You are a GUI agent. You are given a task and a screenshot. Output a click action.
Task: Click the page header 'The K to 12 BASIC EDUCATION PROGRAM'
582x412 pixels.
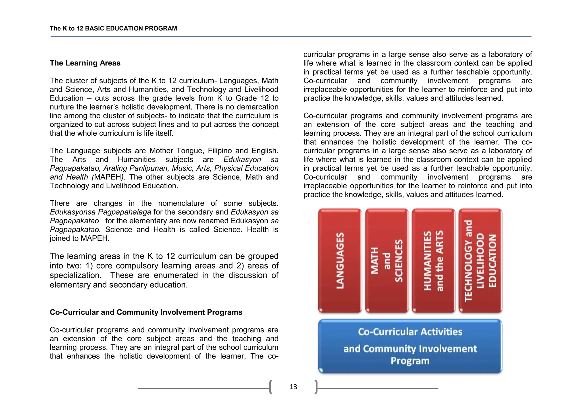pyautogui.click(x=113, y=28)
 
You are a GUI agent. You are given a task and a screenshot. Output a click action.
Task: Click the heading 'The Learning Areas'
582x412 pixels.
pyautogui.click(x=85, y=63)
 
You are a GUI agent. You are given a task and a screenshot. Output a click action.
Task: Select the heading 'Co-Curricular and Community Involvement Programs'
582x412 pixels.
pyautogui.click(x=146, y=312)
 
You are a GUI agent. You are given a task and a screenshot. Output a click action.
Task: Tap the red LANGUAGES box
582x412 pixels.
pyautogui.click(x=340, y=261)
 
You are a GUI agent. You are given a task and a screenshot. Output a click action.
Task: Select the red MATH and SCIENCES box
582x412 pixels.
pyautogui.click(x=387, y=261)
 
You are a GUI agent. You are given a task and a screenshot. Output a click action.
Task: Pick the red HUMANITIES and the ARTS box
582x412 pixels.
pyautogui.click(x=433, y=261)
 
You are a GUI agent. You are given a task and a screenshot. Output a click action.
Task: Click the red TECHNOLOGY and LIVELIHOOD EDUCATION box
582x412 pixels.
pyautogui.click(x=480, y=261)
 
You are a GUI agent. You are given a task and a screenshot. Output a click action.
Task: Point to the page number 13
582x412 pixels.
pyautogui.click(x=293, y=387)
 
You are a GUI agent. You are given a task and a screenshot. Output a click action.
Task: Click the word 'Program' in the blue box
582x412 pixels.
pyautogui.click(x=410, y=361)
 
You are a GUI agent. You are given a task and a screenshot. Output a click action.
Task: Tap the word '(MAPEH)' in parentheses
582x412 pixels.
pyautogui.click(x=108, y=177)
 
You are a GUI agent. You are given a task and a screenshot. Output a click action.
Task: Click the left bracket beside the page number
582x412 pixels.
pyautogui.click(x=271, y=387)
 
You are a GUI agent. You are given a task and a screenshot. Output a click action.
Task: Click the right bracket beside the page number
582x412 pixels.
pyautogui.click(x=316, y=387)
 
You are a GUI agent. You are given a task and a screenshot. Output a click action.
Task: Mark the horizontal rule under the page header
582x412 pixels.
pyautogui.click(x=291, y=36)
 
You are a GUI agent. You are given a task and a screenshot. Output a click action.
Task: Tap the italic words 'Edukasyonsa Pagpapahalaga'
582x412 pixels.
pyautogui.click(x=100, y=212)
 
